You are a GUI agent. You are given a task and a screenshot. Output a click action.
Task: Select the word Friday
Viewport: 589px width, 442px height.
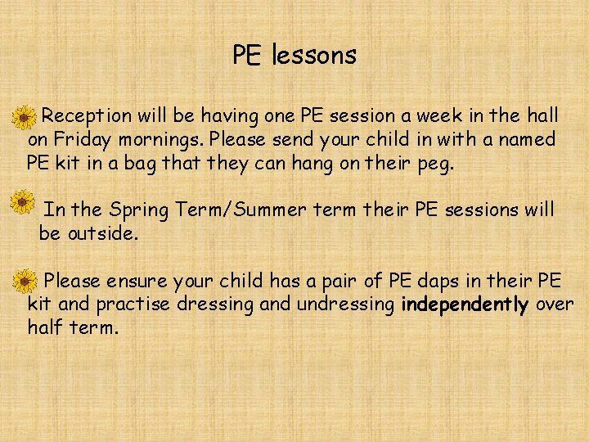(79, 139)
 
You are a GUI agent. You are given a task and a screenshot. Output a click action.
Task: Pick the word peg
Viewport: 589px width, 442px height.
(434, 163)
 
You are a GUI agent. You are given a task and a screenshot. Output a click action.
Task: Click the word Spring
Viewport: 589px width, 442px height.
(137, 210)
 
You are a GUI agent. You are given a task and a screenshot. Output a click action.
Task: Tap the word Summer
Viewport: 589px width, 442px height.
(272, 210)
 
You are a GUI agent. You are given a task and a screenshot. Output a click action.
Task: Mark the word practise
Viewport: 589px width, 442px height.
(132, 305)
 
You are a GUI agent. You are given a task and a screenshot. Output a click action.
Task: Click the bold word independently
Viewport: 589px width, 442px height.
(465, 305)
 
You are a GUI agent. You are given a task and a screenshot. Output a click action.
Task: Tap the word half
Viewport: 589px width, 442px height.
(46, 328)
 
